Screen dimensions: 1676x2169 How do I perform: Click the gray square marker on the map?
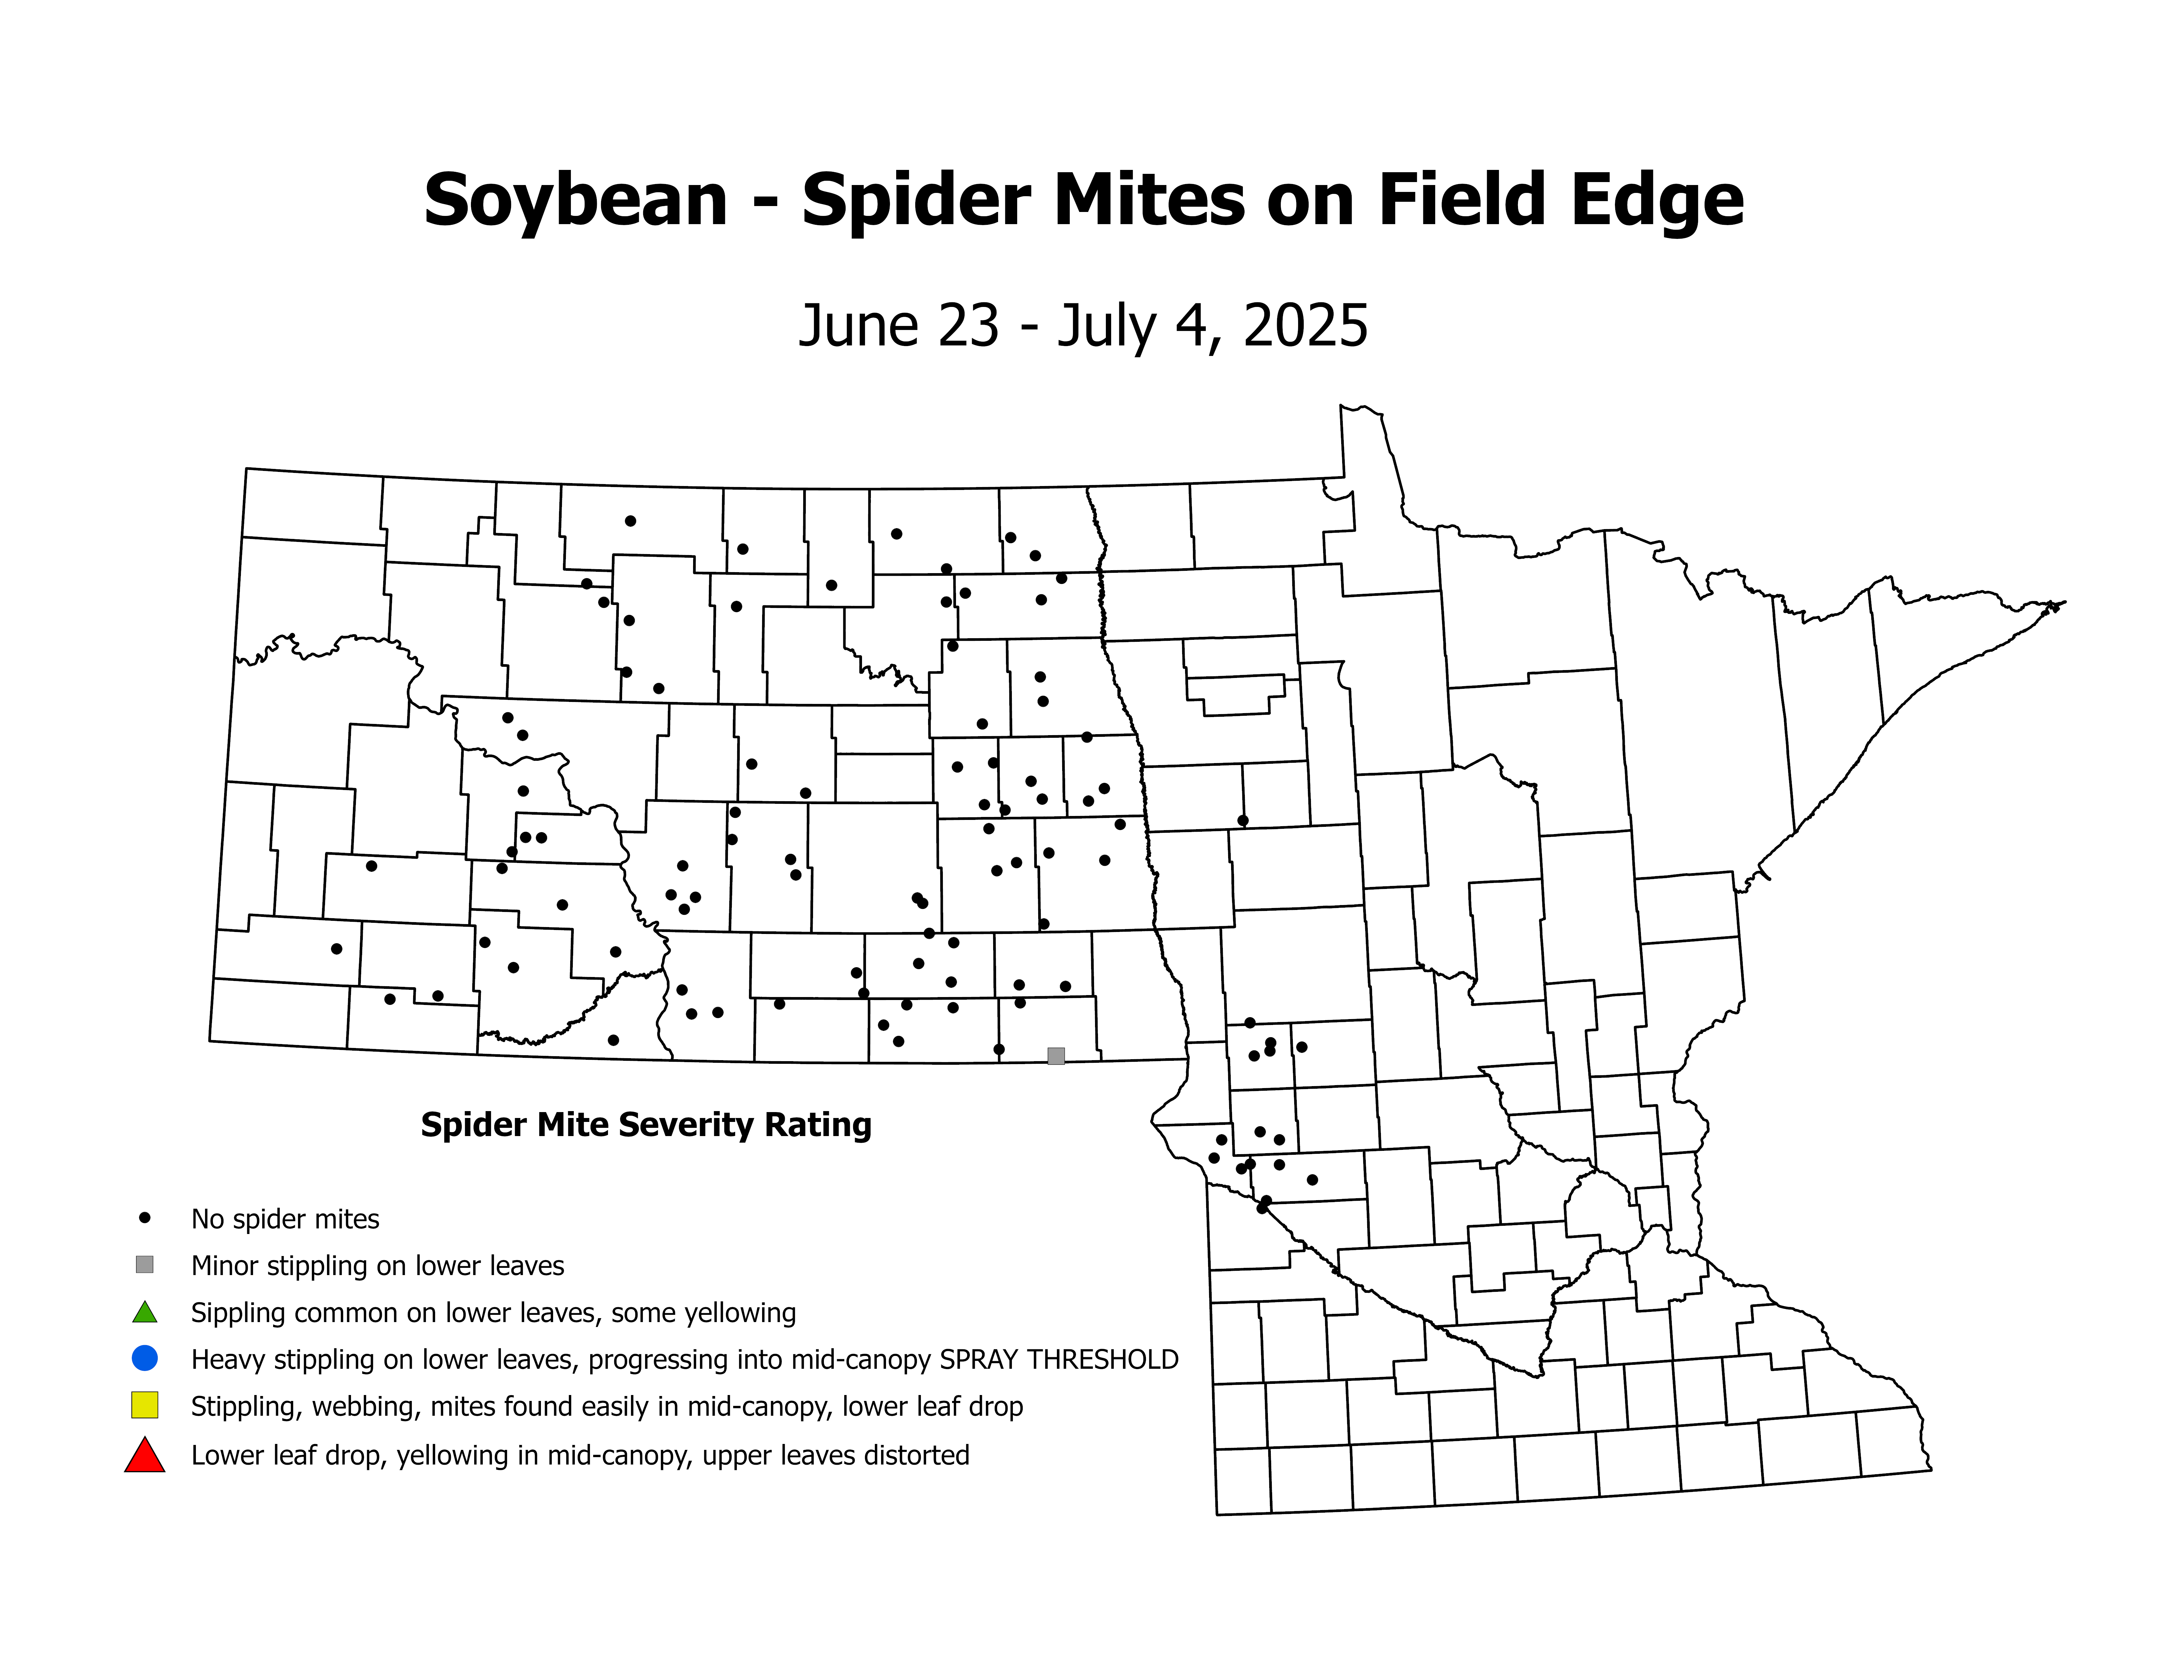[x=1056, y=1056]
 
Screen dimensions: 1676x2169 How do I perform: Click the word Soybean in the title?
[x=576, y=200]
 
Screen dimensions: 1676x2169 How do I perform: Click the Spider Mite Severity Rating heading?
[x=645, y=1125]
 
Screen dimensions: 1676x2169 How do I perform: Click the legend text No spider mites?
[x=285, y=1219]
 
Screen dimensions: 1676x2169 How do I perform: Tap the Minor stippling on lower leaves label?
[x=377, y=1266]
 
